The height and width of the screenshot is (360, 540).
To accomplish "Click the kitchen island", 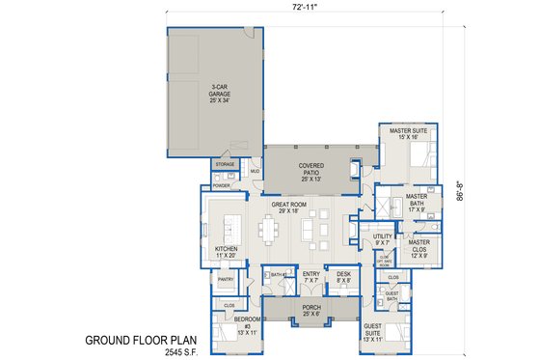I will tap(229, 231).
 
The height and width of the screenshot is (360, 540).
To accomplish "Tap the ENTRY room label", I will tap(310, 277).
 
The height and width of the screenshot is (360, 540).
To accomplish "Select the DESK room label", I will tap(343, 277).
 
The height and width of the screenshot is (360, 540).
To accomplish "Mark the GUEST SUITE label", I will tap(372, 334).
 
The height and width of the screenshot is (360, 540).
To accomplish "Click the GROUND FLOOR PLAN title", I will tap(138, 339).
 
